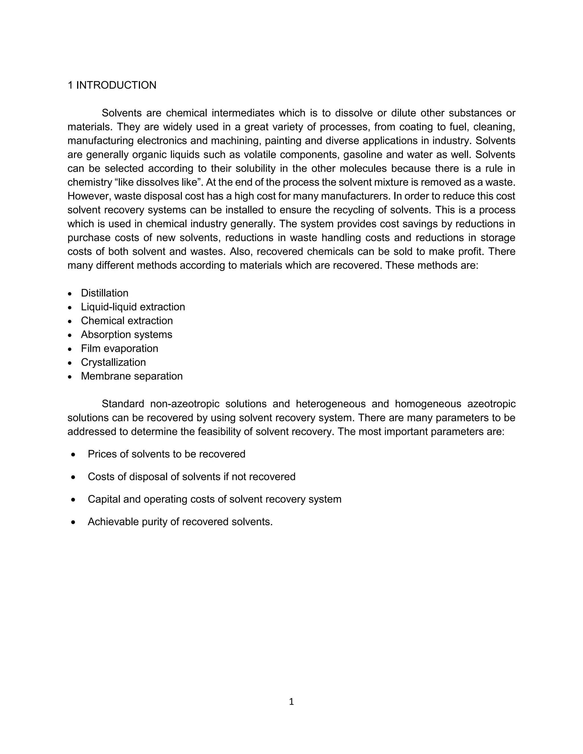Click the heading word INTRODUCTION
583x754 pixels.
(x=116, y=85)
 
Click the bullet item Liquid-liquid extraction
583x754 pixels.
(x=133, y=307)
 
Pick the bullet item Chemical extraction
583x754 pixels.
(x=127, y=321)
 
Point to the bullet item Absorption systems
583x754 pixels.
(x=126, y=335)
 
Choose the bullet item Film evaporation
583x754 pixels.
(x=120, y=348)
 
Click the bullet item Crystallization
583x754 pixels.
(x=113, y=362)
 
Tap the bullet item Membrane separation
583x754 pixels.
(x=132, y=376)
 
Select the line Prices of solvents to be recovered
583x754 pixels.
(x=167, y=454)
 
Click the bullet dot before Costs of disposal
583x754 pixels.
(x=73, y=477)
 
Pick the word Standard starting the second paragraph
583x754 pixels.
(x=123, y=404)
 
